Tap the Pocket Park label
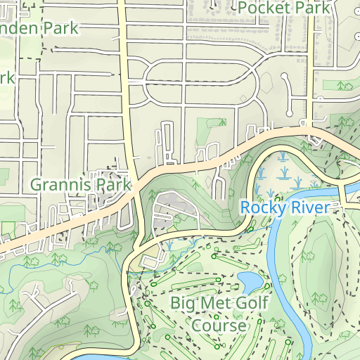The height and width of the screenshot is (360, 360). coord(284,8)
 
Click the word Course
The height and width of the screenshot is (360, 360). coord(219,326)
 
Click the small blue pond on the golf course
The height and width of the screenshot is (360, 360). coord(250,281)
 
